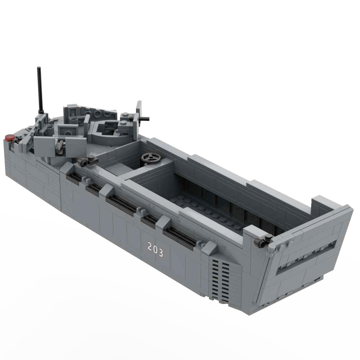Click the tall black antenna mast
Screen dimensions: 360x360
40,90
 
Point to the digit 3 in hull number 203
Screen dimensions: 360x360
161,253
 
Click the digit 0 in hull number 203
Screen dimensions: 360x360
155,249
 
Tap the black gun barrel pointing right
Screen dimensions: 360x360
144,119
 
